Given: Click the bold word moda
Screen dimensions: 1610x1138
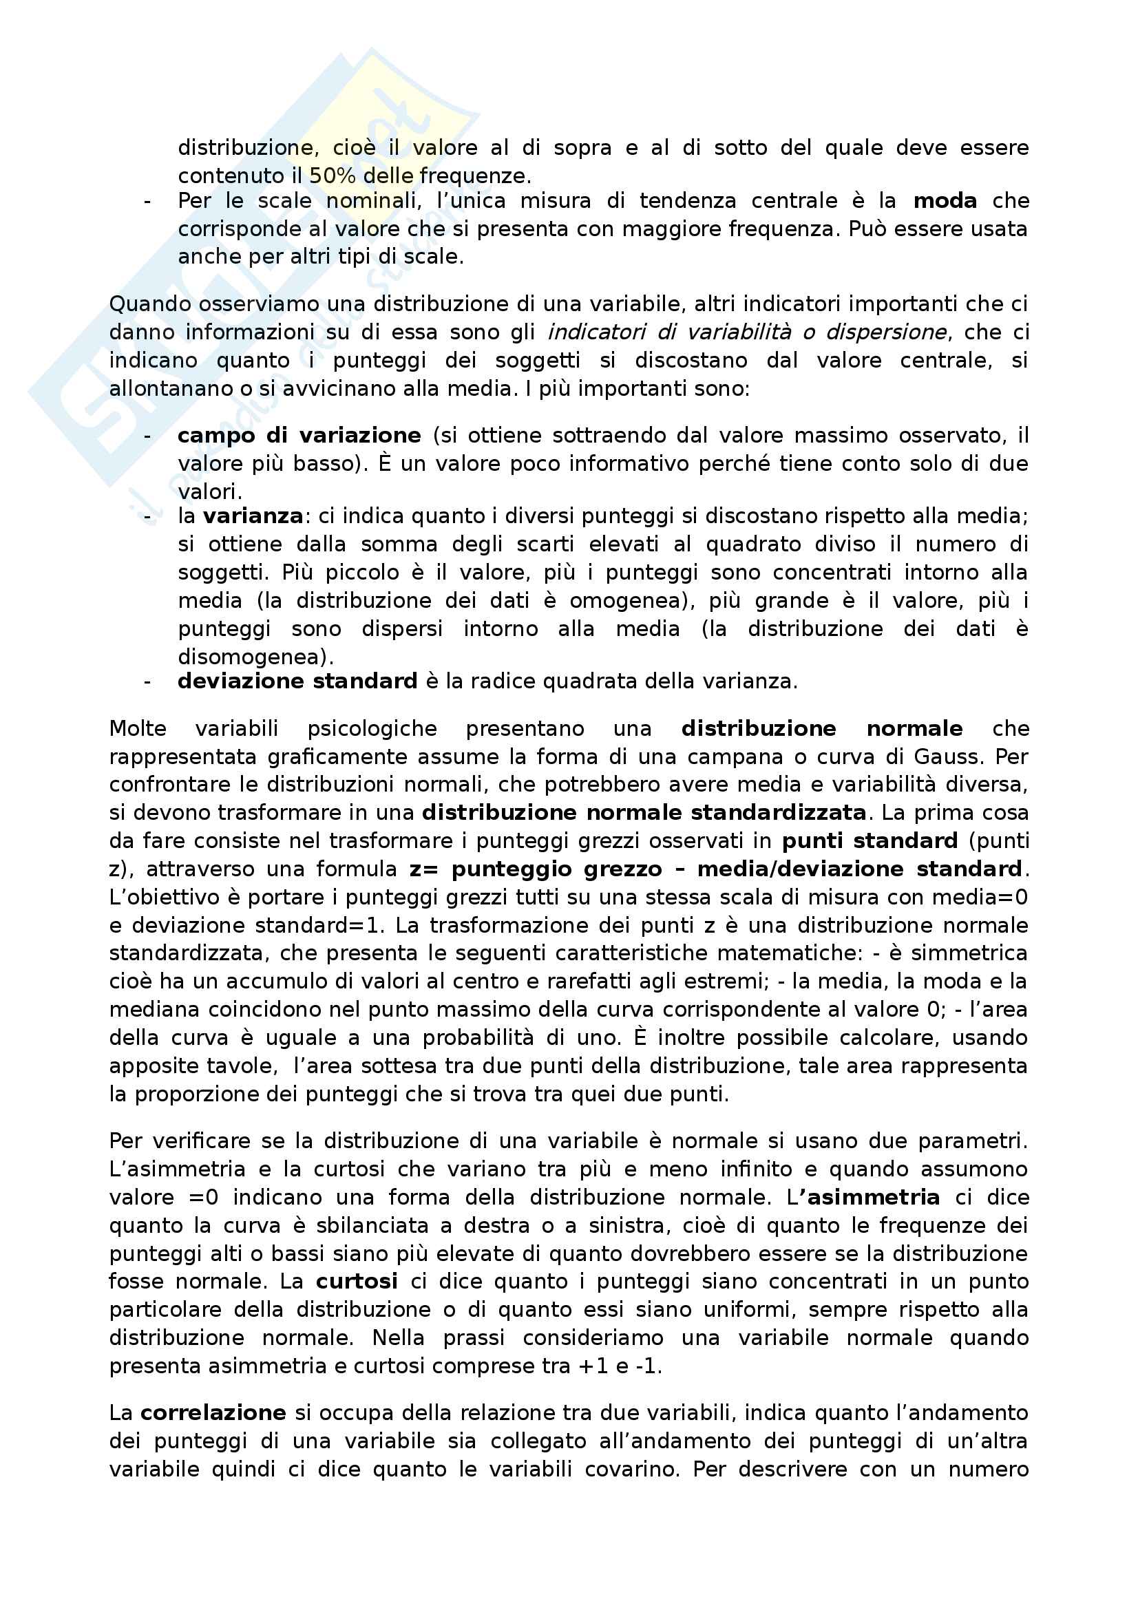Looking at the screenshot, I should [945, 201].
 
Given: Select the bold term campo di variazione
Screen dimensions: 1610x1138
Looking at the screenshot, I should [299, 436].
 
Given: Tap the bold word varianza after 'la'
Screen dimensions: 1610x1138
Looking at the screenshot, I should [253, 516].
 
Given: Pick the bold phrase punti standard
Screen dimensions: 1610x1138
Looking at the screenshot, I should [870, 840].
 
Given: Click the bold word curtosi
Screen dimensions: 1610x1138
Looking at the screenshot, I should [357, 1281].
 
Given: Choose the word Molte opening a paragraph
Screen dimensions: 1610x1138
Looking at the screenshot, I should [138, 728].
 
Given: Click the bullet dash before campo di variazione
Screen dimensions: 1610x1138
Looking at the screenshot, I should [147, 436].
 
